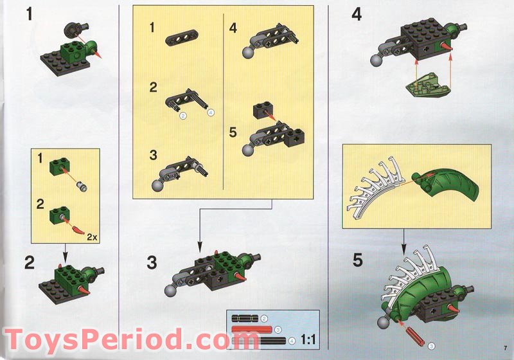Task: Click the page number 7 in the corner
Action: [x=506, y=348]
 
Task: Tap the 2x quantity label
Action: [x=93, y=237]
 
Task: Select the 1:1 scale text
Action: [x=308, y=339]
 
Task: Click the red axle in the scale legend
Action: [x=252, y=329]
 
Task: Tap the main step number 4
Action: [x=357, y=15]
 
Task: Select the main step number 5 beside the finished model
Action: [x=358, y=260]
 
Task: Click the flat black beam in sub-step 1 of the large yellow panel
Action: [x=182, y=38]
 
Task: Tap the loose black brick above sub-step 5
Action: [x=264, y=111]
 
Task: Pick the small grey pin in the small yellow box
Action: [x=83, y=186]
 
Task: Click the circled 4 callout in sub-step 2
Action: [x=211, y=113]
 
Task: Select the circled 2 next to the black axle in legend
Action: [x=264, y=318]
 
